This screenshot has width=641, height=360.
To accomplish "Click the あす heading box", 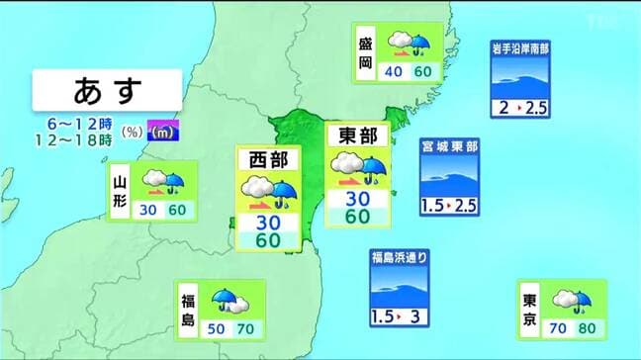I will pyautogui.click(x=106, y=90).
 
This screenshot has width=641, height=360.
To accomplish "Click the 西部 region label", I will pyautogui.click(x=267, y=159).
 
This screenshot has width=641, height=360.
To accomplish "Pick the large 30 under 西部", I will pyautogui.click(x=267, y=221).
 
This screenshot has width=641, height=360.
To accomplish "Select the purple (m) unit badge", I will pyautogui.click(x=163, y=130).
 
